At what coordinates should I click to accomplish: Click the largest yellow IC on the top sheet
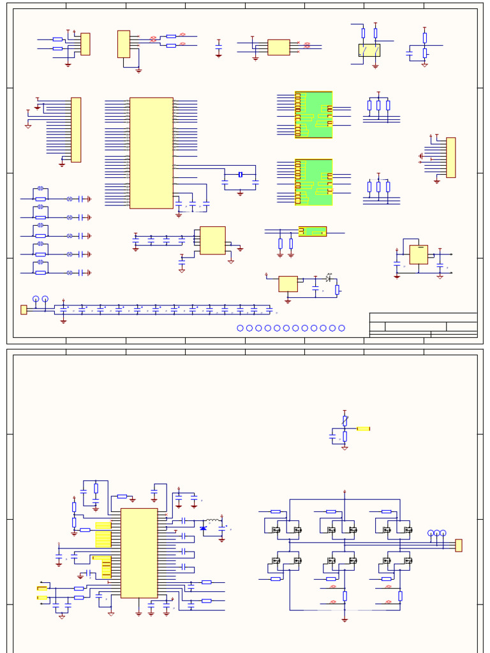pyautogui.click(x=151, y=153)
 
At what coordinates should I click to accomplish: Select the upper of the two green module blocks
pyautogui.click(x=314, y=115)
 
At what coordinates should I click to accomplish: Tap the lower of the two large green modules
pyautogui.click(x=314, y=182)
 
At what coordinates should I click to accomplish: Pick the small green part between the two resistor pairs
pyautogui.click(x=313, y=231)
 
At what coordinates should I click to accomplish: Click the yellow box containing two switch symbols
pyautogui.click(x=369, y=50)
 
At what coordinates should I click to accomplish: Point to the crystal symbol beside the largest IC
pyautogui.click(x=241, y=175)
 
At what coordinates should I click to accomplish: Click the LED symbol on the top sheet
pyautogui.click(x=329, y=279)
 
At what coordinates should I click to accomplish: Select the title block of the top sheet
pyautogui.click(x=423, y=325)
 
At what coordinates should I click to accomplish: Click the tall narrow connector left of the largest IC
pyautogui.click(x=76, y=129)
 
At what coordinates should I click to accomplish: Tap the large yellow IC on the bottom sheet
pyautogui.click(x=139, y=553)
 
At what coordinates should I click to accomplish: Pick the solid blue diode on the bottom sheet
pyautogui.click(x=204, y=528)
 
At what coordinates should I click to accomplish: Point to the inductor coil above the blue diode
pyautogui.click(x=212, y=521)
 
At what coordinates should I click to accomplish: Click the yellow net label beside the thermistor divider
pyautogui.click(x=364, y=429)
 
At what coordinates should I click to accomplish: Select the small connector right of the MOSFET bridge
pyautogui.click(x=459, y=545)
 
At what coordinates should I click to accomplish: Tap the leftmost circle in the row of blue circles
pyautogui.click(x=241, y=328)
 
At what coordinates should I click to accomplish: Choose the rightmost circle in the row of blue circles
pyautogui.click(x=342, y=328)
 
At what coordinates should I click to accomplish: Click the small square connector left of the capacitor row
pyautogui.click(x=24, y=310)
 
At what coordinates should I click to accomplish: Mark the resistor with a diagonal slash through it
pyautogui.click(x=345, y=421)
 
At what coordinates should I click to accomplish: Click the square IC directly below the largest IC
pyautogui.click(x=212, y=240)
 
